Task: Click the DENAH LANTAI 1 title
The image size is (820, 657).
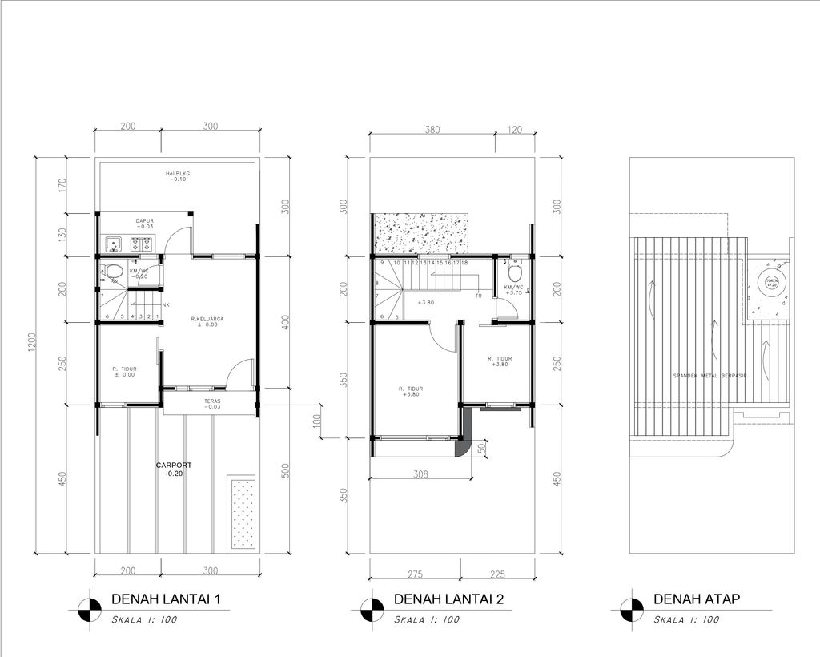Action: coord(166,599)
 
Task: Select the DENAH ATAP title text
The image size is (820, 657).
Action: coord(696,599)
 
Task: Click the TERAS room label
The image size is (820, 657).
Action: coord(211,403)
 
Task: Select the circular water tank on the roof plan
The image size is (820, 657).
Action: coord(770,284)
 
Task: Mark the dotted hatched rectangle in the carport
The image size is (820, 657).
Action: coord(243,513)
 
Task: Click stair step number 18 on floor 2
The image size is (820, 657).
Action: coord(464,263)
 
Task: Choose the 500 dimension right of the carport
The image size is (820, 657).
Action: coord(286,471)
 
